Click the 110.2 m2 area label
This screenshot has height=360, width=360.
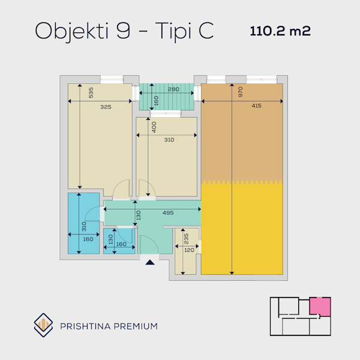(x=280, y=31)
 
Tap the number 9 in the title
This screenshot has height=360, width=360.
(x=123, y=31)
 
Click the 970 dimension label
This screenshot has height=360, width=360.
(x=241, y=92)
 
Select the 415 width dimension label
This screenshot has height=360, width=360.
(x=256, y=106)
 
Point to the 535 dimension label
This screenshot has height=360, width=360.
(x=91, y=92)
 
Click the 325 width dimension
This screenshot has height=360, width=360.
(x=106, y=107)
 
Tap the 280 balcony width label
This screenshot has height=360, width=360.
(x=173, y=89)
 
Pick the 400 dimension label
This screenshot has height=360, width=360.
(x=154, y=127)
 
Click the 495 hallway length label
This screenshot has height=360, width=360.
(x=168, y=213)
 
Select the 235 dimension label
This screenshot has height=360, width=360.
(x=186, y=239)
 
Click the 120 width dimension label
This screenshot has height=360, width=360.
(x=189, y=250)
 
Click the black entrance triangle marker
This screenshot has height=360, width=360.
(x=150, y=262)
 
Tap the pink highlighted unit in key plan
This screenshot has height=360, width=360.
(x=320, y=307)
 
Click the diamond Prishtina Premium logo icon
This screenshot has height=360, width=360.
(x=43, y=325)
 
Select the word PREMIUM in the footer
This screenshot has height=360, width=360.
(x=136, y=326)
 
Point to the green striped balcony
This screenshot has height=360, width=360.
(x=167, y=97)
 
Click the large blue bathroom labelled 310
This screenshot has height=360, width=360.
(x=83, y=223)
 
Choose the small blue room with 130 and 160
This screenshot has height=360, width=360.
(x=119, y=241)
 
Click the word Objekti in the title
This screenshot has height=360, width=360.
(x=71, y=31)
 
